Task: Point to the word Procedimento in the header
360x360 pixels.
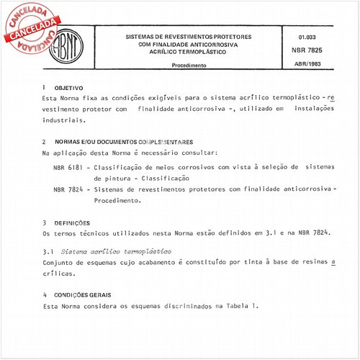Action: click(x=189, y=65)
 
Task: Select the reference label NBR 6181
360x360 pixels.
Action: click(x=68, y=166)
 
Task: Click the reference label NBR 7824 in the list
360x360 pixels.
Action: click(x=68, y=189)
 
